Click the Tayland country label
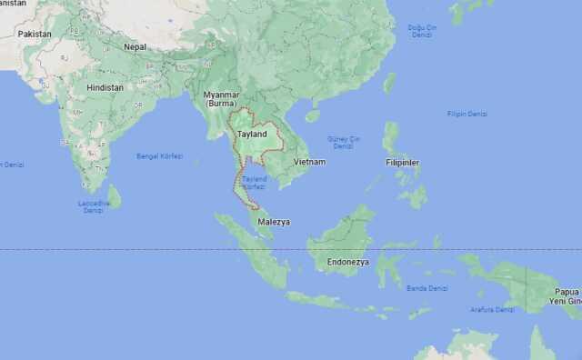pyautogui.click(x=252, y=135)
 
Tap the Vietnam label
pyautogui.click(x=309, y=162)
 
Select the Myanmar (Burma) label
pyautogui.click(x=221, y=99)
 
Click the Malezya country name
pyautogui.click(x=273, y=221)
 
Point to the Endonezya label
pyautogui.click(x=348, y=262)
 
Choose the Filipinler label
pyautogui.click(x=401, y=162)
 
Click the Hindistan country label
pyautogui.click(x=105, y=87)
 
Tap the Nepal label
pyautogui.click(x=135, y=46)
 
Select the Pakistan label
pyautogui.click(x=35, y=34)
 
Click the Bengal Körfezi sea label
pyautogui.click(x=160, y=156)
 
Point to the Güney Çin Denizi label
pyautogui.click(x=344, y=142)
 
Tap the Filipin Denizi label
pyautogui.click(x=467, y=114)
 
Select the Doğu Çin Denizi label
pyautogui.click(x=421, y=31)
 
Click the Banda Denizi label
pyautogui.click(x=426, y=287)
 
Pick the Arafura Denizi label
pyautogui.click(x=492, y=309)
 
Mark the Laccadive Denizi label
pyautogui.click(x=93, y=206)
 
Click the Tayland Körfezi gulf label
pyautogui.click(x=255, y=182)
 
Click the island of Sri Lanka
pyautogui.click(x=114, y=195)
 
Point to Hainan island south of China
pyautogui.click(x=313, y=115)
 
